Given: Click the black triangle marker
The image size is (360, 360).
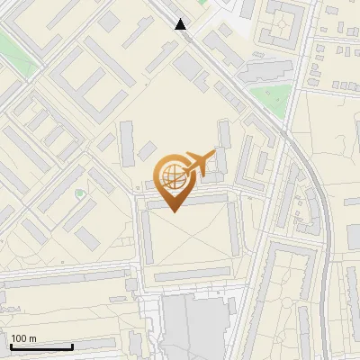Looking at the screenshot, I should [x=181, y=25].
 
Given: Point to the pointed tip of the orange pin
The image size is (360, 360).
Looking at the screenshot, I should [x=173, y=211].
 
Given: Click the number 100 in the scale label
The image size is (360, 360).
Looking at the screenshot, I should [x=19, y=338].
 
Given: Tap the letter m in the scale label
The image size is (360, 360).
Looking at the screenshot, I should [x=32, y=338].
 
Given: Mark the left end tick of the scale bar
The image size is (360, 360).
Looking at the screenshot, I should [x=10, y=346].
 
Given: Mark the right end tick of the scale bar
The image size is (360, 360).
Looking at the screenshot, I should [x=72, y=346].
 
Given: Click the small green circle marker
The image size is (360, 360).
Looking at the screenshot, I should [x=79, y=193].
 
